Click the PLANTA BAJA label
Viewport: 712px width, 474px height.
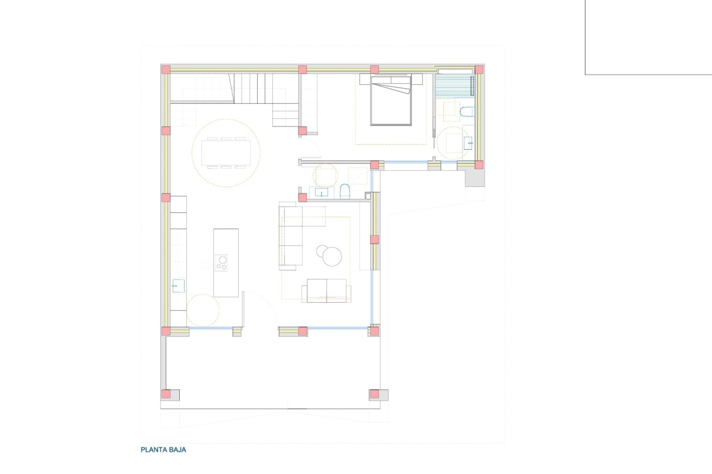(x=163, y=450)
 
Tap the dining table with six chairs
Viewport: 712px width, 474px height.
(x=226, y=152)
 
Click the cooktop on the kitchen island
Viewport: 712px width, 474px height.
(x=221, y=263)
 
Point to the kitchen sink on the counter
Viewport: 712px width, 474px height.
(x=178, y=286)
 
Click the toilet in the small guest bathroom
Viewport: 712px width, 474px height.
(x=345, y=191)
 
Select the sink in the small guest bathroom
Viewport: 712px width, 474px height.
(x=321, y=193)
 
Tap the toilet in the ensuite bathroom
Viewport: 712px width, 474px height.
(x=467, y=111)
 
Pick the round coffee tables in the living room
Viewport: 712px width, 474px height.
(x=329, y=255)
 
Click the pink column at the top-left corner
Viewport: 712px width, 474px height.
(x=165, y=70)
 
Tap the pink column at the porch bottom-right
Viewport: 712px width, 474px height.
(x=375, y=394)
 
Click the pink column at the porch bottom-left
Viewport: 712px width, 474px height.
(x=166, y=394)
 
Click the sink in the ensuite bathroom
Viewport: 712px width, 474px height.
(x=468, y=143)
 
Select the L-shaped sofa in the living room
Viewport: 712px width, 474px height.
(x=291, y=237)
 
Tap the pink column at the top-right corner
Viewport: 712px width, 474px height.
(x=479, y=70)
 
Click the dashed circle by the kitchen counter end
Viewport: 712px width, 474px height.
(x=203, y=310)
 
